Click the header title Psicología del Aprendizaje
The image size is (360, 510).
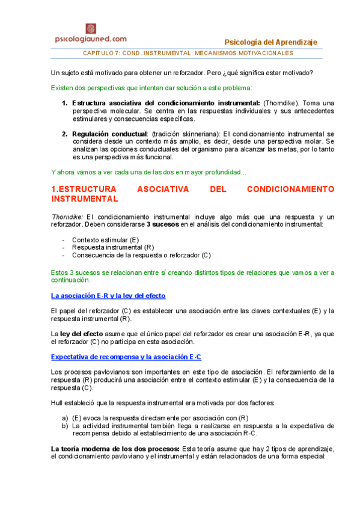[x=270, y=42]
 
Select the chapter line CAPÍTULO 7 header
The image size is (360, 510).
[x=188, y=53]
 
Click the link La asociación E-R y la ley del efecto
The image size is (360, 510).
[x=108, y=296]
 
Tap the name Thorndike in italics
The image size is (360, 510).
[x=67, y=217]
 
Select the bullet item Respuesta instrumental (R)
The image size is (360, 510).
[x=113, y=247]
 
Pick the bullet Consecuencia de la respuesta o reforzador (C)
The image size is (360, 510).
[x=141, y=255]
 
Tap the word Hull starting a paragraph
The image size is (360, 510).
[x=58, y=402]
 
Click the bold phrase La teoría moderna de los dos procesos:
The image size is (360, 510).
[x=115, y=449]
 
